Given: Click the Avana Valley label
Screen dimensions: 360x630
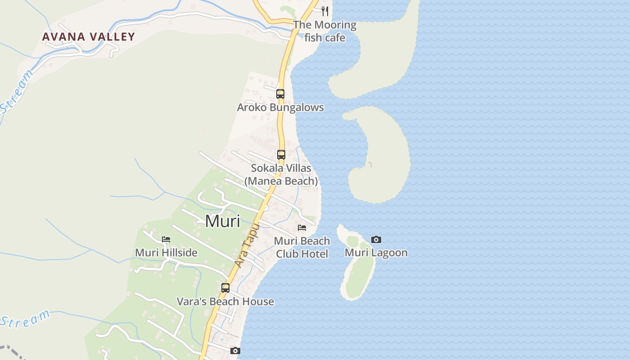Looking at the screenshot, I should [x=89, y=37].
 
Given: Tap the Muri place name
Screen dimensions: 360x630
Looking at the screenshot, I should [x=222, y=221].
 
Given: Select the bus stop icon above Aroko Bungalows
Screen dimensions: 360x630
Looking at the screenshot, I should [x=280, y=94].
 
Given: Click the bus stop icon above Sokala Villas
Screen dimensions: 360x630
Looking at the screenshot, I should [x=281, y=155].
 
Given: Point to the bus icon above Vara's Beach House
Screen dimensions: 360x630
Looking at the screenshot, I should [x=225, y=288].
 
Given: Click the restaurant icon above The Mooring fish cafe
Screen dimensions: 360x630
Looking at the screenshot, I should [x=325, y=11].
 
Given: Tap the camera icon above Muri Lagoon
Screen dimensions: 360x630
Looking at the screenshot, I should [x=376, y=240].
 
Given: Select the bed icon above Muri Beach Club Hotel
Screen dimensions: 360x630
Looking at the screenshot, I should [x=302, y=228].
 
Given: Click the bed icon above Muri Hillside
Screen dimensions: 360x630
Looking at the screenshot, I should [x=166, y=239].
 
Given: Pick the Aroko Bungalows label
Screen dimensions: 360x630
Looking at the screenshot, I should [x=280, y=108].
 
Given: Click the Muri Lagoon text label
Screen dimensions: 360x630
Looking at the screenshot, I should [x=376, y=253].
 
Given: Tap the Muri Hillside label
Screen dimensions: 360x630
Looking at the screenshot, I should [x=166, y=253].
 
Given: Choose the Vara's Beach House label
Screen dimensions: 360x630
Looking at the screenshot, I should [x=225, y=301].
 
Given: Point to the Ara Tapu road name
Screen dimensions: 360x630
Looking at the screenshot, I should [x=247, y=246].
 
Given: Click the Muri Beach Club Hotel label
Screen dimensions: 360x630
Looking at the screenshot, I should [x=302, y=247].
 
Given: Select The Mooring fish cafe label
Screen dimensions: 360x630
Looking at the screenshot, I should [x=325, y=31].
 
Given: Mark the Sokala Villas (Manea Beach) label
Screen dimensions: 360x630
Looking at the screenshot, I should [x=281, y=175].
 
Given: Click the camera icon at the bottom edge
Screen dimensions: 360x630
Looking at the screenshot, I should [x=235, y=351].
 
